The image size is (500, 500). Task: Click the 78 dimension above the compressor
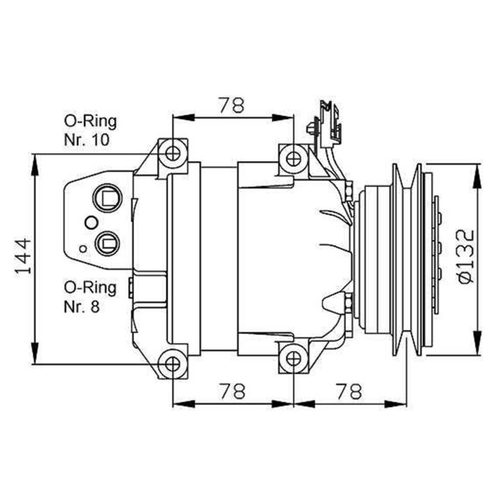click(x=232, y=106)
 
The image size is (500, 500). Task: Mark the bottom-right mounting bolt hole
click(x=293, y=357)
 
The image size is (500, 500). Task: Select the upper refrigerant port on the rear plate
click(x=107, y=197)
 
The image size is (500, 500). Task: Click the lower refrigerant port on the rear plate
click(x=107, y=242)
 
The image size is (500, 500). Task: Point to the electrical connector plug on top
click(x=327, y=125)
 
